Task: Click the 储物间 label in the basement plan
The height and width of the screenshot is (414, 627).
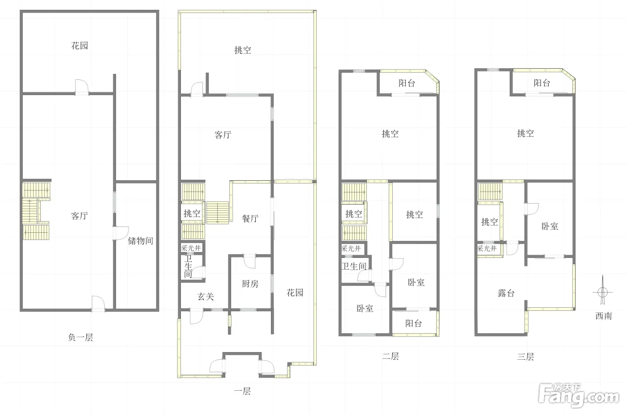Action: pyautogui.click(x=141, y=241)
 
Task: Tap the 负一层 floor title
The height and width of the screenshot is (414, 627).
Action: pyautogui.click(x=81, y=337)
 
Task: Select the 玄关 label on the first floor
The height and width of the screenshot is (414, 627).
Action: pyautogui.click(x=206, y=296)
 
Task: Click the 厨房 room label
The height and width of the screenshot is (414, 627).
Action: pyautogui.click(x=250, y=284)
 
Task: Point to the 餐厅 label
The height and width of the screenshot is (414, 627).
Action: pyautogui.click(x=250, y=218)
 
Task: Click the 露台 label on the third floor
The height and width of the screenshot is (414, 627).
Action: pyautogui.click(x=506, y=293)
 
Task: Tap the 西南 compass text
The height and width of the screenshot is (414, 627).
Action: pyautogui.click(x=604, y=316)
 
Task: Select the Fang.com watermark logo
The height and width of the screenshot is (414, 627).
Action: pyautogui.click(x=579, y=395)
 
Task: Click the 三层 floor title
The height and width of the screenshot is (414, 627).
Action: pyautogui.click(x=525, y=357)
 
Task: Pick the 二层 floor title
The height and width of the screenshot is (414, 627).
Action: pyautogui.click(x=391, y=356)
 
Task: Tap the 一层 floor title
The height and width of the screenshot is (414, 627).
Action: pyautogui.click(x=242, y=391)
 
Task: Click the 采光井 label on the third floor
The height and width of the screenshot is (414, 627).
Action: pyautogui.click(x=487, y=248)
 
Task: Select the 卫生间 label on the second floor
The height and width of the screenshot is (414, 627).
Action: pyautogui.click(x=354, y=266)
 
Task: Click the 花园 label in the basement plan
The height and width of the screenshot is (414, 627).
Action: pyautogui.click(x=80, y=45)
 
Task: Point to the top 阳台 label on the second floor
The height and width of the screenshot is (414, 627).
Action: pyautogui.click(x=407, y=83)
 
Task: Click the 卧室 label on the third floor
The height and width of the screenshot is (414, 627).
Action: pyautogui.click(x=550, y=226)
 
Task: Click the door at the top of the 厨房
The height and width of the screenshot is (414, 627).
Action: pyautogui.click(x=249, y=261)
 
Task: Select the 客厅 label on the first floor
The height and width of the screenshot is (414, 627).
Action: pyautogui.click(x=223, y=135)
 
